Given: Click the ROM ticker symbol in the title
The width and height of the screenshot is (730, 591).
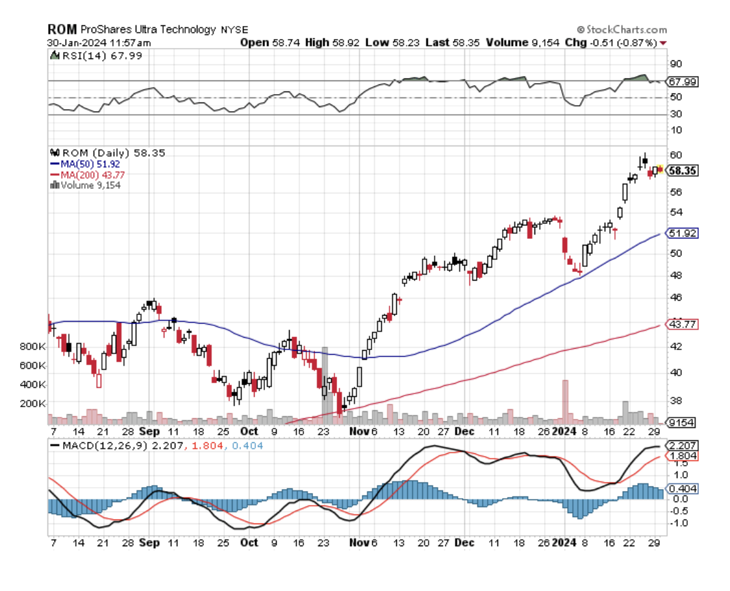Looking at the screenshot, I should (x=62, y=29).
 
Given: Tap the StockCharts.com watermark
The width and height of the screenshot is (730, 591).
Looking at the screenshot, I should (x=622, y=29).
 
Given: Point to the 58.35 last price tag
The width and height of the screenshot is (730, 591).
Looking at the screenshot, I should (x=683, y=170).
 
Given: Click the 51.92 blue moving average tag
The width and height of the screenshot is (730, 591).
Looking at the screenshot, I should (x=683, y=233).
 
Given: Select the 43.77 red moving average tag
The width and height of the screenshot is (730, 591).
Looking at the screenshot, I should (x=683, y=324).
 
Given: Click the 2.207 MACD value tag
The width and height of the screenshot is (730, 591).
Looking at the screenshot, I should (x=684, y=446).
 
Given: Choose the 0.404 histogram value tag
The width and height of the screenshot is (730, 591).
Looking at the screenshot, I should (x=684, y=488).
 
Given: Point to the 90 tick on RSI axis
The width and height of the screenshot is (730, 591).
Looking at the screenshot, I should (x=676, y=64).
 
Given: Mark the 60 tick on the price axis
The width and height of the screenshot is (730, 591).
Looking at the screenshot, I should (x=675, y=155).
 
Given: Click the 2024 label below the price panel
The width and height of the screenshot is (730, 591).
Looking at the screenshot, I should (x=565, y=431).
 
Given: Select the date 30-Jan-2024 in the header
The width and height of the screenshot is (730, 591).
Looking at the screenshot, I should (x=76, y=42).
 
